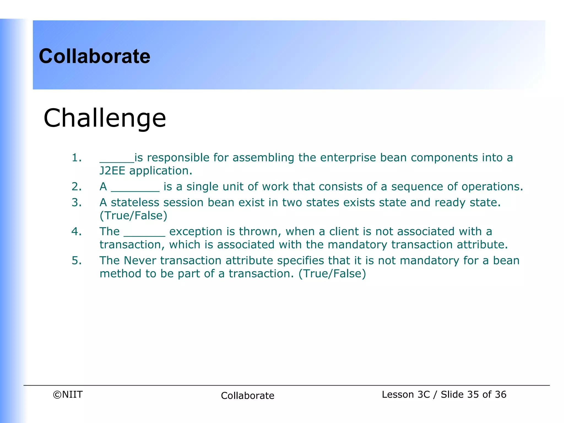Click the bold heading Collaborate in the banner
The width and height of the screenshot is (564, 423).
click(x=94, y=56)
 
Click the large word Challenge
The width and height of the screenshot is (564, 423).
click(x=105, y=118)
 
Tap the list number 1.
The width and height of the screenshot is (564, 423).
click(x=77, y=158)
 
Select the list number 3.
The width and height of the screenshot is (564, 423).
click(x=77, y=202)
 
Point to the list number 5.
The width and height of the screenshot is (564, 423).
click(x=77, y=261)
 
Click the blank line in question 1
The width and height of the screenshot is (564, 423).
click(x=117, y=161)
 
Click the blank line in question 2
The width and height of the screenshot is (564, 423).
click(x=135, y=189)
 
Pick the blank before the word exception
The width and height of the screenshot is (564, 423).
click(x=145, y=234)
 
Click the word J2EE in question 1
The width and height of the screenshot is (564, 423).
click(x=112, y=171)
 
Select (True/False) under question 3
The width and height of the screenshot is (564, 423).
click(x=133, y=216)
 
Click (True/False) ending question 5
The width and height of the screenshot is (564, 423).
click(x=332, y=274)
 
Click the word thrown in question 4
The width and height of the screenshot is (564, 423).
click(x=260, y=232)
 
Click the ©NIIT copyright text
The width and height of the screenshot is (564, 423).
click(x=68, y=394)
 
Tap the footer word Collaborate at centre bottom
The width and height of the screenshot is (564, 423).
click(x=247, y=395)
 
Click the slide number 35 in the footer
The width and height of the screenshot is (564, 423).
click(x=473, y=394)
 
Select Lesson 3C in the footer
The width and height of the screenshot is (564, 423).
click(x=405, y=394)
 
